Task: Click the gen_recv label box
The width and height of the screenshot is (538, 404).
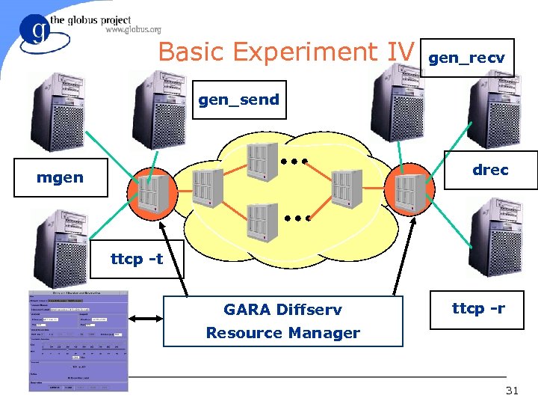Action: coord(467,58)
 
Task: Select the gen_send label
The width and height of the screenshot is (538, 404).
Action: coord(238,100)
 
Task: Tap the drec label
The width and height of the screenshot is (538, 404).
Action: coord(490,170)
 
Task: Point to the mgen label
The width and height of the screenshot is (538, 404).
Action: coord(61,177)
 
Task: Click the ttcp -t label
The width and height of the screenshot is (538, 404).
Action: coord(137,260)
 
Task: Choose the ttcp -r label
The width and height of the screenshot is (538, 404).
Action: coord(478,307)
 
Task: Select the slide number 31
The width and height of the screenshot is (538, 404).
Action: coord(513,390)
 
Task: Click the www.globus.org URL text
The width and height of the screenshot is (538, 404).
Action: coord(133,30)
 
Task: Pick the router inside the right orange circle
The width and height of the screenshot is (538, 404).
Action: coord(408,193)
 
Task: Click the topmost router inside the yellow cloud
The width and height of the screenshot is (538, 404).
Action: coord(259,160)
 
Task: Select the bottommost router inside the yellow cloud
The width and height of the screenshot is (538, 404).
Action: coord(262,222)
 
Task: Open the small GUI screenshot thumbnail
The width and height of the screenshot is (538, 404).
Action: coord(78,340)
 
